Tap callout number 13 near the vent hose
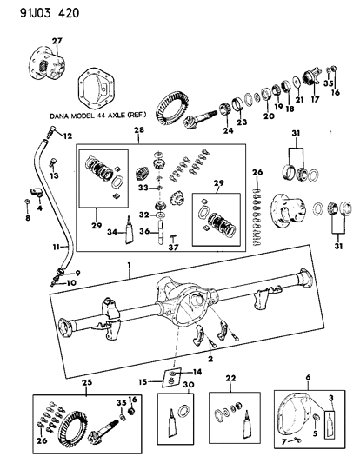[x=56, y=177]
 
